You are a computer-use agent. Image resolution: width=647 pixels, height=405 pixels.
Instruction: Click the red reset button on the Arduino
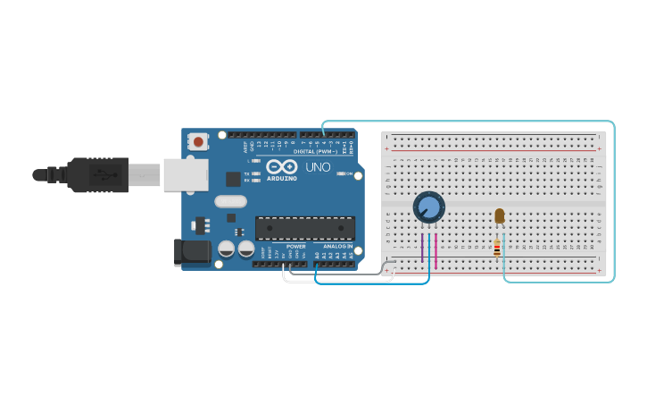click(198, 141)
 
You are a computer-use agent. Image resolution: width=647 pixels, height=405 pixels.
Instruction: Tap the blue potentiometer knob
click(429, 207)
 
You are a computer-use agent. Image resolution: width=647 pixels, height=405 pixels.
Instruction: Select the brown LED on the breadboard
click(499, 215)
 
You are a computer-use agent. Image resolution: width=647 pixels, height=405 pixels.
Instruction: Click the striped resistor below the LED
click(497, 248)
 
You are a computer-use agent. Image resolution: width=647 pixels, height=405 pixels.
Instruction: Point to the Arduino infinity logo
click(281, 166)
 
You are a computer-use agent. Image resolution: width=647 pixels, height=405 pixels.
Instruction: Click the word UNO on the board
click(318, 166)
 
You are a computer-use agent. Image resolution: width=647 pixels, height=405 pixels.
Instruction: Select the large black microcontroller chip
click(305, 228)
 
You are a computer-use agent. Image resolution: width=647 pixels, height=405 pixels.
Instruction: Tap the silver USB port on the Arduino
click(185, 175)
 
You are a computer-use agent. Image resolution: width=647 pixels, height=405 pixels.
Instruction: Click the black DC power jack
click(192, 251)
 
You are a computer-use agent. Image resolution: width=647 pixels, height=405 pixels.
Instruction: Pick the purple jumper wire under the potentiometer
click(422, 248)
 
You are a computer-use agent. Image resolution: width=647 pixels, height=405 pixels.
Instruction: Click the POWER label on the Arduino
click(295, 246)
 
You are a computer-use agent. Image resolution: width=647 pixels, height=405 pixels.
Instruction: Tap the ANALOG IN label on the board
click(337, 246)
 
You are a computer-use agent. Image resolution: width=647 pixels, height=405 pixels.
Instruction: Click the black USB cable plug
click(98, 175)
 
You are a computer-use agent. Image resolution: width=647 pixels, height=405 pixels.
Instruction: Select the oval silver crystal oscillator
click(230, 201)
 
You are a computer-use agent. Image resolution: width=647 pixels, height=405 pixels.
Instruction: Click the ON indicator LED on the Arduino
click(342, 173)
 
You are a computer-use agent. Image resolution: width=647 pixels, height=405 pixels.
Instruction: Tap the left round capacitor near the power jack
click(227, 249)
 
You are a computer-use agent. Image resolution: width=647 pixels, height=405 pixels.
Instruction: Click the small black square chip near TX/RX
click(233, 179)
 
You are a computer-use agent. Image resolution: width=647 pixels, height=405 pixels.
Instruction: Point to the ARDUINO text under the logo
click(281, 178)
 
